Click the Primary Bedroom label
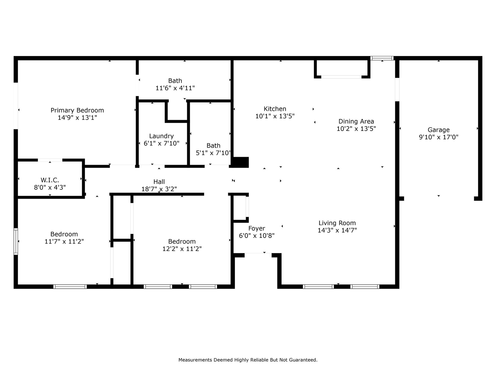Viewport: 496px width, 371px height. tap(77, 110)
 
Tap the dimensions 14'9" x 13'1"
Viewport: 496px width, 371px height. tap(77, 117)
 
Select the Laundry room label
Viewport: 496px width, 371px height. tap(161, 136)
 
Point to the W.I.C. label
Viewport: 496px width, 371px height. tap(50, 180)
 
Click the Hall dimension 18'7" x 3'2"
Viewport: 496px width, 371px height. tap(159, 189)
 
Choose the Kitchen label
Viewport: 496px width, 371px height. tap(275, 109)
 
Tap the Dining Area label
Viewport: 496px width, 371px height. tap(356, 121)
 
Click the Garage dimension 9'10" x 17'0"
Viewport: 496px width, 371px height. tap(439, 137)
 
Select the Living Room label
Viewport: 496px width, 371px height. tap(337, 223)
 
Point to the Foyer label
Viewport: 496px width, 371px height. tap(257, 229)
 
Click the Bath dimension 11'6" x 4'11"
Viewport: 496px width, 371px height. tap(175, 88)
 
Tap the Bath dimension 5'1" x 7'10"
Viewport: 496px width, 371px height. tap(213, 153)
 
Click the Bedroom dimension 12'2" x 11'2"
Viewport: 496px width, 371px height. tap(182, 249)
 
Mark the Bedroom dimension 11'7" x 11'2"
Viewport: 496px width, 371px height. tap(64, 241)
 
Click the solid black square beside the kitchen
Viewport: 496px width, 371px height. tap(240, 162)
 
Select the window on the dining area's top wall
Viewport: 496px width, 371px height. tap(382, 58)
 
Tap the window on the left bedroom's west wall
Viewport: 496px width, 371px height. tap(16, 241)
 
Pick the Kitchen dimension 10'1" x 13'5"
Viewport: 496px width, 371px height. tap(275, 116)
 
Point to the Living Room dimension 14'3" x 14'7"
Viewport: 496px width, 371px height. tap(337, 230)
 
